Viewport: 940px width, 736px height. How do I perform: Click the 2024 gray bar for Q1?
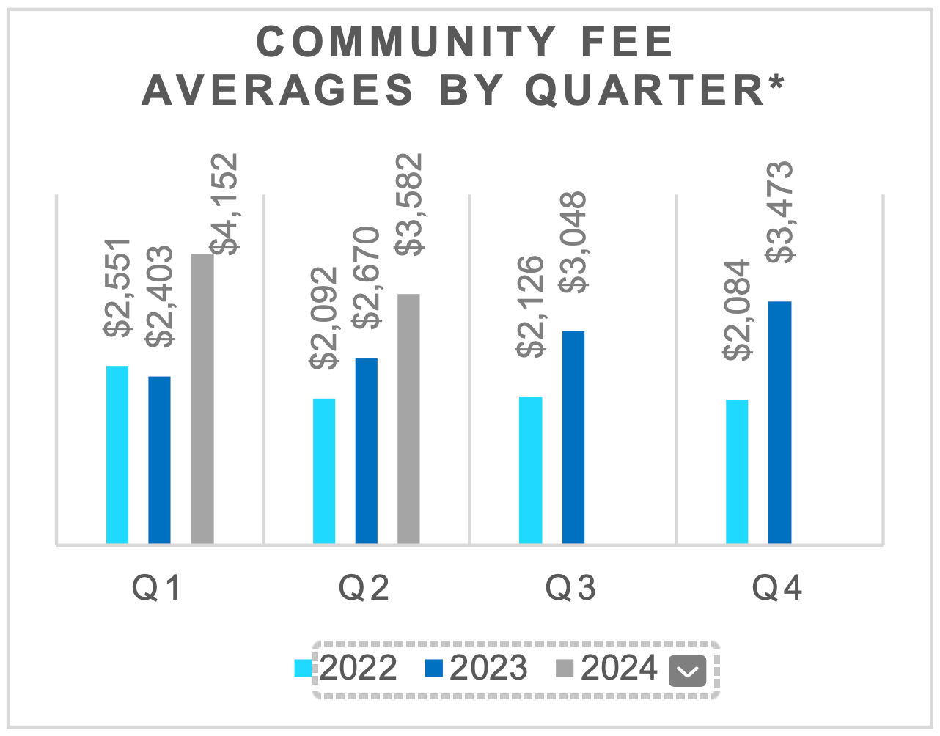202,399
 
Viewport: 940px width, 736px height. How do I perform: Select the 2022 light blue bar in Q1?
117,455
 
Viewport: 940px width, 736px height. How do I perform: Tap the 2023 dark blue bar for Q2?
367,451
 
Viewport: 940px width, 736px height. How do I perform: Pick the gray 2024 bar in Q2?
408,419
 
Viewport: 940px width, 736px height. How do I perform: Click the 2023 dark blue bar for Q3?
573,437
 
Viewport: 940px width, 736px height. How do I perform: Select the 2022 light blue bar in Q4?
737,471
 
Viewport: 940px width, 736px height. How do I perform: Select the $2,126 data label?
531,306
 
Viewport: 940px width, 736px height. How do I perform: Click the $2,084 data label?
737,309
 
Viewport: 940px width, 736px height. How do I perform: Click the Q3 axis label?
570,588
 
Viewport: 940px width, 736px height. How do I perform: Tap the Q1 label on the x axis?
156,588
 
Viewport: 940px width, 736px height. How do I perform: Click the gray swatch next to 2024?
564,668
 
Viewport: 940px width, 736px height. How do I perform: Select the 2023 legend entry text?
488,668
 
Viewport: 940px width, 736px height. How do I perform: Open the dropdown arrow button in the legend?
687,670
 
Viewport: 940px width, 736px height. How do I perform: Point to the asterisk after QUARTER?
776,82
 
